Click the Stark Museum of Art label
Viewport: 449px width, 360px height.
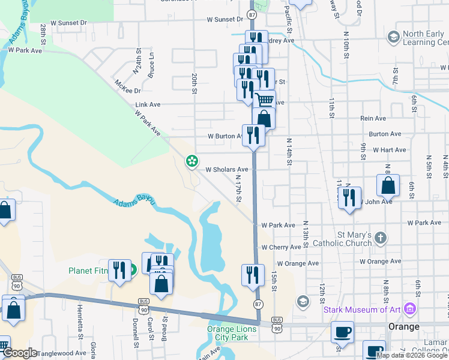point(363,310)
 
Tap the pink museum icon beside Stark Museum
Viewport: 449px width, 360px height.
point(411,309)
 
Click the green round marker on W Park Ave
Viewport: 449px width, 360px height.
point(192,161)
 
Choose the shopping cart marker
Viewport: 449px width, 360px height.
point(264,100)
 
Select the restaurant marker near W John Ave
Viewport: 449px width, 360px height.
point(349,196)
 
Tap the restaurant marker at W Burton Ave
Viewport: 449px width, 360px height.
point(253,135)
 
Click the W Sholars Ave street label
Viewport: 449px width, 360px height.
point(227,170)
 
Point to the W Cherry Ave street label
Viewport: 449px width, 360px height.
point(281,247)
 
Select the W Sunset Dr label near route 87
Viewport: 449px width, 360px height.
point(225,19)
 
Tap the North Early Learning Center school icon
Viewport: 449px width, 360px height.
point(393,38)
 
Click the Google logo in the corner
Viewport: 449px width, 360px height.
point(19,353)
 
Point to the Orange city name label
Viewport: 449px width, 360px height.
point(403,326)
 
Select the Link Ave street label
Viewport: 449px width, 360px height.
point(148,104)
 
